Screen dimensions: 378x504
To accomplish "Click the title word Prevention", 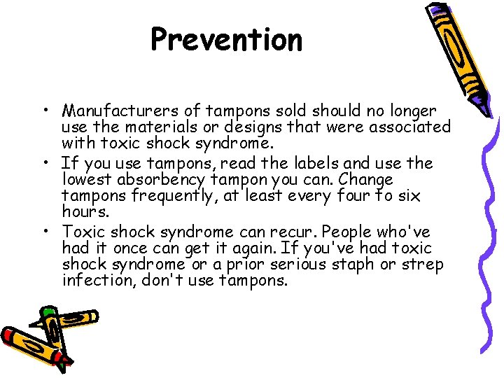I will click(x=226, y=40).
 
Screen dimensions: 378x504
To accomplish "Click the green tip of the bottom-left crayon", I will click(x=48, y=311).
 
